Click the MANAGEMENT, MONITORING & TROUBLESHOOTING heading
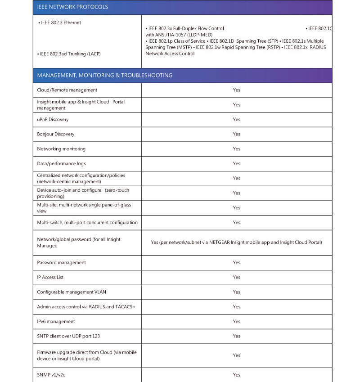tap(104, 75)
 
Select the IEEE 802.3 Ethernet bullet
tap(61, 22)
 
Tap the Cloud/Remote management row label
tap(67, 90)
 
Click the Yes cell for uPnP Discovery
tap(236, 119)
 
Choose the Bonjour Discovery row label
tap(56, 134)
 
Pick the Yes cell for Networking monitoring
tap(236, 149)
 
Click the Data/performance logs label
tap(61, 164)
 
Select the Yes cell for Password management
tap(236, 262)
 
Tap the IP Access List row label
tap(50, 277)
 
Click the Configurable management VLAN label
tap(72, 292)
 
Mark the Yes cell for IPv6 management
tap(236, 321)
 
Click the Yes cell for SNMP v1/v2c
tap(236, 375)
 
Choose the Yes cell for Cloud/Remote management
tap(236, 90)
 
